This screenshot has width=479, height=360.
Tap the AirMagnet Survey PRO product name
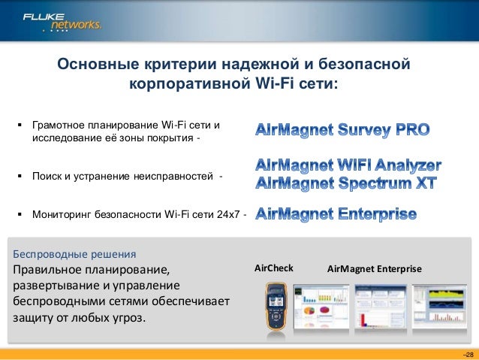(x=343, y=131)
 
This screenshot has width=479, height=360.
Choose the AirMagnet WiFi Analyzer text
(x=348, y=165)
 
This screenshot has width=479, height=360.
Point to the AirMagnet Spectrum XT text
(x=346, y=183)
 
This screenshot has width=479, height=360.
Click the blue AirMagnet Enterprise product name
(x=336, y=215)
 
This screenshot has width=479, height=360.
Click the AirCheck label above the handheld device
(x=274, y=268)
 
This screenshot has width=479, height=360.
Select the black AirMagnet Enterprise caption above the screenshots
(x=375, y=268)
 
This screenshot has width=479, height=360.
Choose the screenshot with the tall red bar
(x=380, y=308)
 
